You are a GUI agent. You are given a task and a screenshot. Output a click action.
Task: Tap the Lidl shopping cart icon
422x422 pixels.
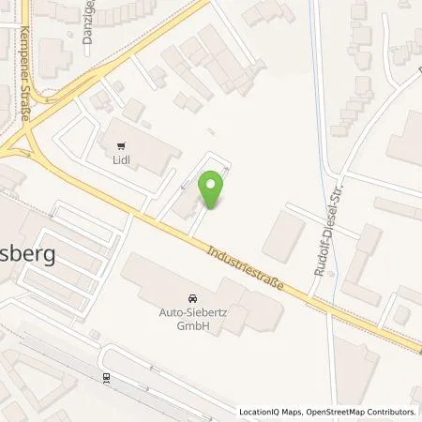(x=121, y=145)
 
